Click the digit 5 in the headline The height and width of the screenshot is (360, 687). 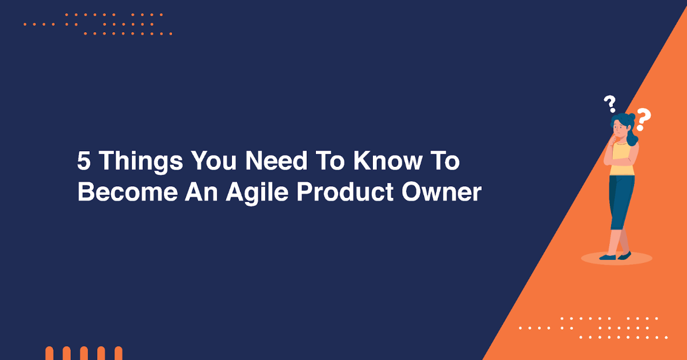pos(84,162)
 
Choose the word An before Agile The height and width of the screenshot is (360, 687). pos(201,193)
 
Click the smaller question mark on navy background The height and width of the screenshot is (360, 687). pos(610,104)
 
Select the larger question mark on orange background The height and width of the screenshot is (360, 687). pos(643,120)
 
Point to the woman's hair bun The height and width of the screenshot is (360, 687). pos(632,116)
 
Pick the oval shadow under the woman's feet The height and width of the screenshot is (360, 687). pos(616,259)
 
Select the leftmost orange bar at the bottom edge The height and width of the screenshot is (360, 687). pos(49,353)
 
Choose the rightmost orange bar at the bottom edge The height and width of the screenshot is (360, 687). pos(119,353)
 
